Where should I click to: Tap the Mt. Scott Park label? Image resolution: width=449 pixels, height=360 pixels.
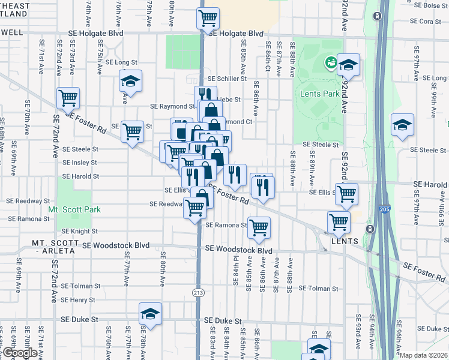[x=74, y=210]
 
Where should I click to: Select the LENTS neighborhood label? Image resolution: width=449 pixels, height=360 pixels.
[x=345, y=241]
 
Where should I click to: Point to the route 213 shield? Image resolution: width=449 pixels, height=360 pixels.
[x=198, y=292]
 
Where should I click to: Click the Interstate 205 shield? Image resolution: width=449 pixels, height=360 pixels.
[x=384, y=209]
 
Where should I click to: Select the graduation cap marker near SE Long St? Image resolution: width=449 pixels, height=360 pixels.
[x=130, y=80]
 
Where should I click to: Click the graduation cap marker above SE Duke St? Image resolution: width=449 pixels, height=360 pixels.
[x=151, y=313]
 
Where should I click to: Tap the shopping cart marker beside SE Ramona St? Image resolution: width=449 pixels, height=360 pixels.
[x=259, y=227]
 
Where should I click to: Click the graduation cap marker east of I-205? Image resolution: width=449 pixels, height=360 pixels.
[x=402, y=124]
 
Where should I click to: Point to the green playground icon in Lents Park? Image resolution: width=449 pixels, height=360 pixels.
[x=330, y=62]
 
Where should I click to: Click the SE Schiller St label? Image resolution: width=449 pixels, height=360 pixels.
[x=227, y=79]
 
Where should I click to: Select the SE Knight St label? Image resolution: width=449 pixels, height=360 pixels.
[x=80, y=231]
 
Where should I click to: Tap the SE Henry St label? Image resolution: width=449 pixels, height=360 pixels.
[x=78, y=300]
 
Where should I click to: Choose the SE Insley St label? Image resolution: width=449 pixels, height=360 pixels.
[x=80, y=163]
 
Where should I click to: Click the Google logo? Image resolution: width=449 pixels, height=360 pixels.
[x=19, y=353]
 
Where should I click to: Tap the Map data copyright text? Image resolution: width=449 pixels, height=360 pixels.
[x=424, y=355]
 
